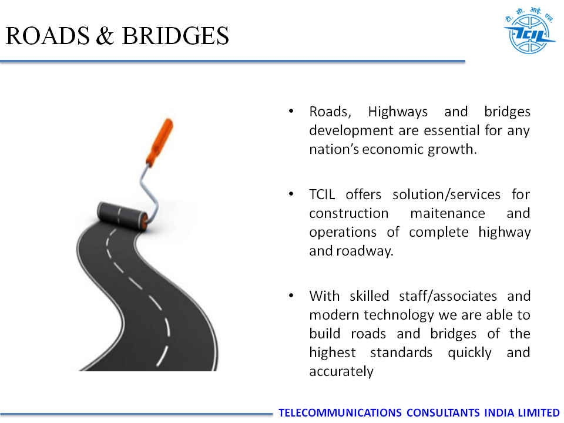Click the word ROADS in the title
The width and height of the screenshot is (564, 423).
48,36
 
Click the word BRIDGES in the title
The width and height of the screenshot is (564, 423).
175,36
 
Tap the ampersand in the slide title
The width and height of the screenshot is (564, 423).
105,36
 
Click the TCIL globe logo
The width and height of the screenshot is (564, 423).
529,31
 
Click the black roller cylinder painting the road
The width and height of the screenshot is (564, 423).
122,215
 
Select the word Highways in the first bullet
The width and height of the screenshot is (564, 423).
398,112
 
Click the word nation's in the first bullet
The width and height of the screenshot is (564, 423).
334,149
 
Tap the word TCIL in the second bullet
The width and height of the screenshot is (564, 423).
322,194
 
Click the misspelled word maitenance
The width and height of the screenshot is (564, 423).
448,213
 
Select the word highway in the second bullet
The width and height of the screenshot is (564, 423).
504,233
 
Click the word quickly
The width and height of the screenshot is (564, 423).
469,353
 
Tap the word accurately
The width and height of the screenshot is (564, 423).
341,371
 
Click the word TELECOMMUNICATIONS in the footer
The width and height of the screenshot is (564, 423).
340,412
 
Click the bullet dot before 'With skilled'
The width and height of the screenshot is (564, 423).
291,296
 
